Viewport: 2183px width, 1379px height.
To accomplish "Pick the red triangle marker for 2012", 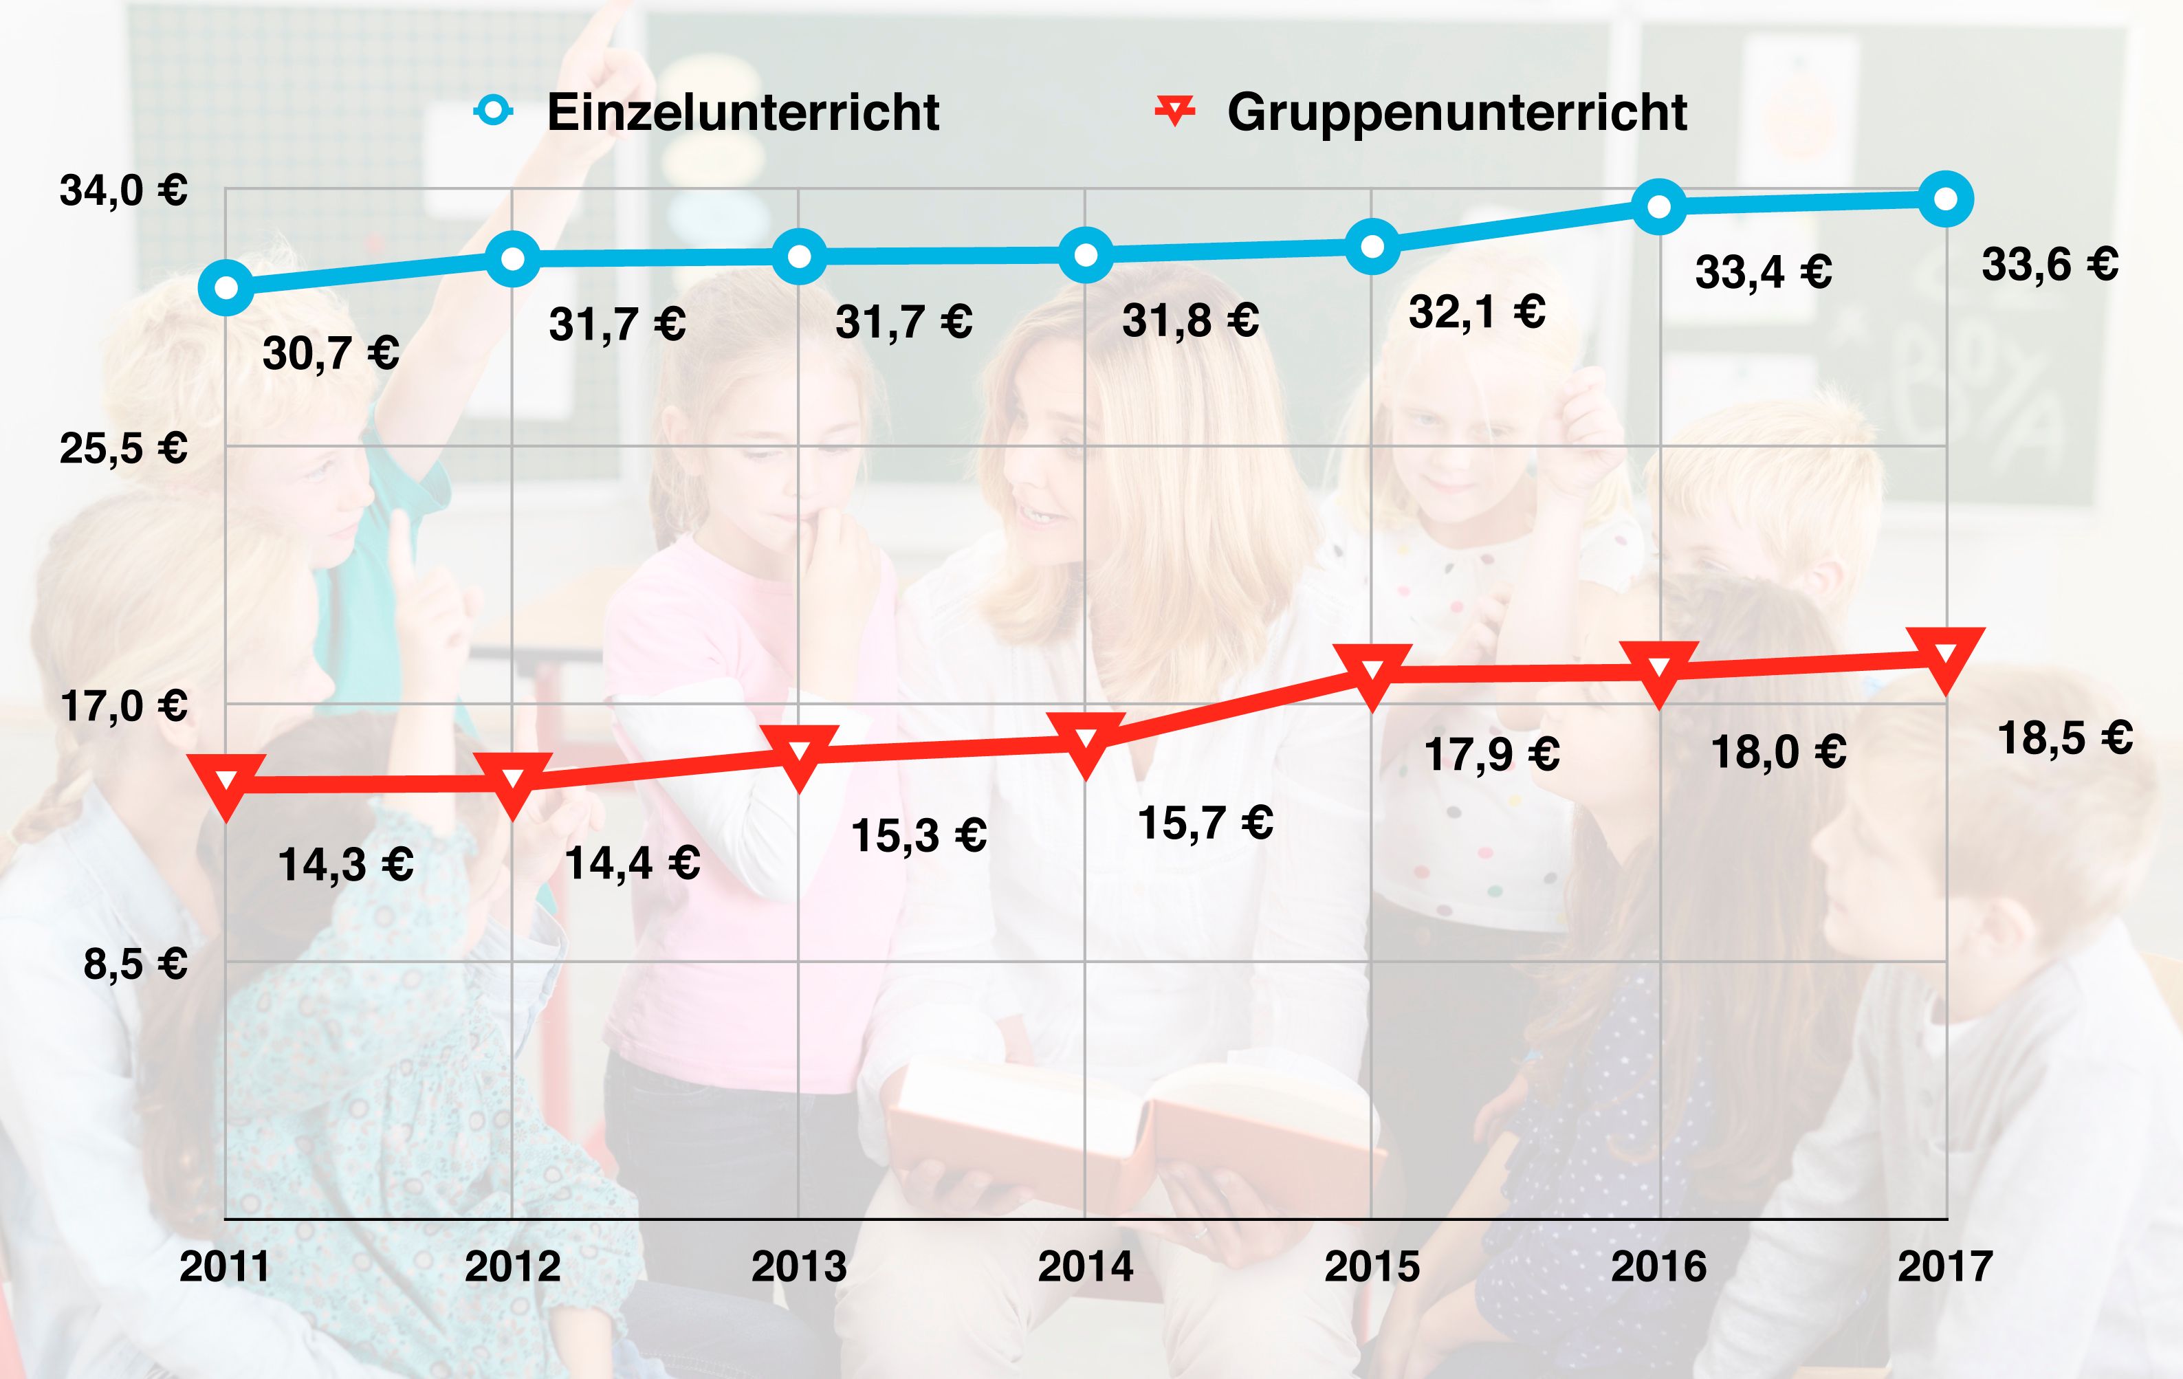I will [512, 781].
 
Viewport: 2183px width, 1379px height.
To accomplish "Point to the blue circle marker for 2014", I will [1085, 255].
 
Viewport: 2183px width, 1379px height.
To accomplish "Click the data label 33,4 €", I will [1764, 272].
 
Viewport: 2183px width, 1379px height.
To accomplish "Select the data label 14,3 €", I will [345, 864].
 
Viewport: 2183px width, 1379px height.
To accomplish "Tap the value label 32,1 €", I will [1477, 313].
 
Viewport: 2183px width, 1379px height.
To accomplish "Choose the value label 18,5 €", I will [2065, 738].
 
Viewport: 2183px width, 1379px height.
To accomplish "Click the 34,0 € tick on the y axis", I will [123, 191].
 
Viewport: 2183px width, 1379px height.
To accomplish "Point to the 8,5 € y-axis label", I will [135, 964].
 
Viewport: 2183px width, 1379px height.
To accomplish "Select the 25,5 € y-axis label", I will [123, 449].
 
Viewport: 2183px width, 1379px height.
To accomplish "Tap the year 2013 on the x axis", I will [799, 1266].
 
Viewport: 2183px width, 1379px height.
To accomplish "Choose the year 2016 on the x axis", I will [1658, 1266].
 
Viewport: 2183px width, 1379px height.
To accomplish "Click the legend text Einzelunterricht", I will [743, 113].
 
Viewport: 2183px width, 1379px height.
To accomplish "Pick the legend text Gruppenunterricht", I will [1457, 113].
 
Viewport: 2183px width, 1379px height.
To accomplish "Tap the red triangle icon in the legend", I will [1175, 111].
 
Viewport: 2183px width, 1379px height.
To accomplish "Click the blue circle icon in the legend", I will [493, 111].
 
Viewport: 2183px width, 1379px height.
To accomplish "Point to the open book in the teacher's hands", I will [1133, 1124].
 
